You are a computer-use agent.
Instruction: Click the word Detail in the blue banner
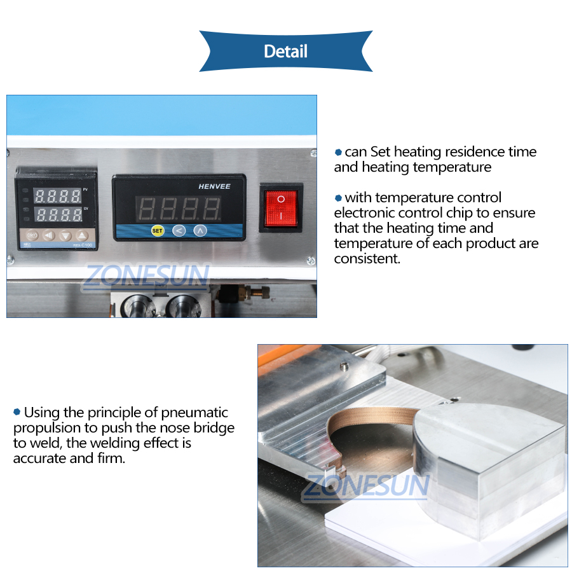pos(285,51)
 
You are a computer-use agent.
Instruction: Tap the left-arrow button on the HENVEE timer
pos(179,230)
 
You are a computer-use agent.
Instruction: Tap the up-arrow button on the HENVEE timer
pos(200,230)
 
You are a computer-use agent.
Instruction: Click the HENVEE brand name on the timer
pos(214,186)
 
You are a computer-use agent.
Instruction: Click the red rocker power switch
pos(281,208)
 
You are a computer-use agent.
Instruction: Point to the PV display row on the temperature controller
pos(57,195)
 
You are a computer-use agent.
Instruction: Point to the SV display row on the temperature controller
pos(57,214)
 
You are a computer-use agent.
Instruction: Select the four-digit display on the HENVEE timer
pos(180,208)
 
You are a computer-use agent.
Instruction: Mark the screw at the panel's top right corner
pos(313,153)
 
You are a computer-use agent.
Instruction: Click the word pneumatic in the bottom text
pos(195,413)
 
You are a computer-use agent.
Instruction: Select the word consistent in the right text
pos(367,259)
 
